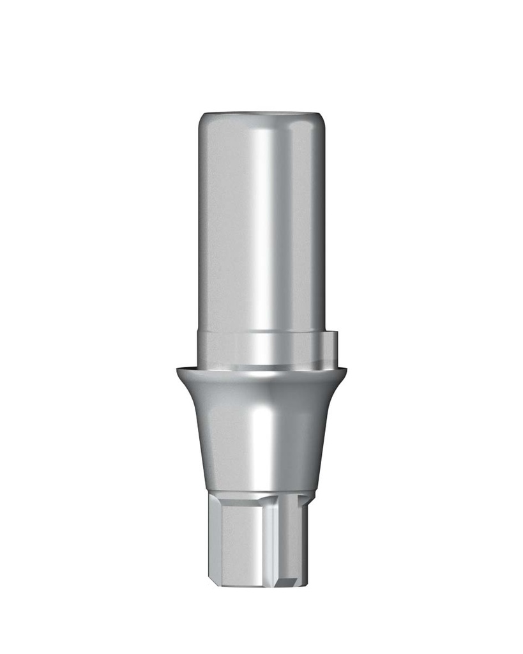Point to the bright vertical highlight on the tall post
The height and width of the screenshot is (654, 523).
pyautogui.click(x=262, y=224)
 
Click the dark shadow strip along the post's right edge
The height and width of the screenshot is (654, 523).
pyautogui.click(x=317, y=224)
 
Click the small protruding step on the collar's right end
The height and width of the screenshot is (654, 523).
pyautogui.click(x=333, y=348)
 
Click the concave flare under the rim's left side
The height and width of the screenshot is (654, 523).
pyautogui.click(x=192, y=396)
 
